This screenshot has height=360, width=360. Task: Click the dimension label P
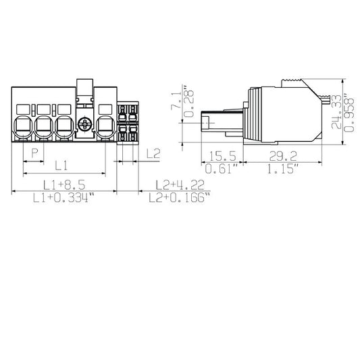34,153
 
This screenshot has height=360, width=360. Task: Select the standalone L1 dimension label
61,165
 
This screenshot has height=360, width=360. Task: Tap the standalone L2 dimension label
153,153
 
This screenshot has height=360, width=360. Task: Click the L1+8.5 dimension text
64,184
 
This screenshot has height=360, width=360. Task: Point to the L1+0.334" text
64,198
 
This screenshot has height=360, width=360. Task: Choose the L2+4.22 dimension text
180,185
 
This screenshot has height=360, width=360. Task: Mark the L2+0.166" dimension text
180,198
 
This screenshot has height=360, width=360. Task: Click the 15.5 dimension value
222,156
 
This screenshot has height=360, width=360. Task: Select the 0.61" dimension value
222,169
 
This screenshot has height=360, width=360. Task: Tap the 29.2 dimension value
283,156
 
